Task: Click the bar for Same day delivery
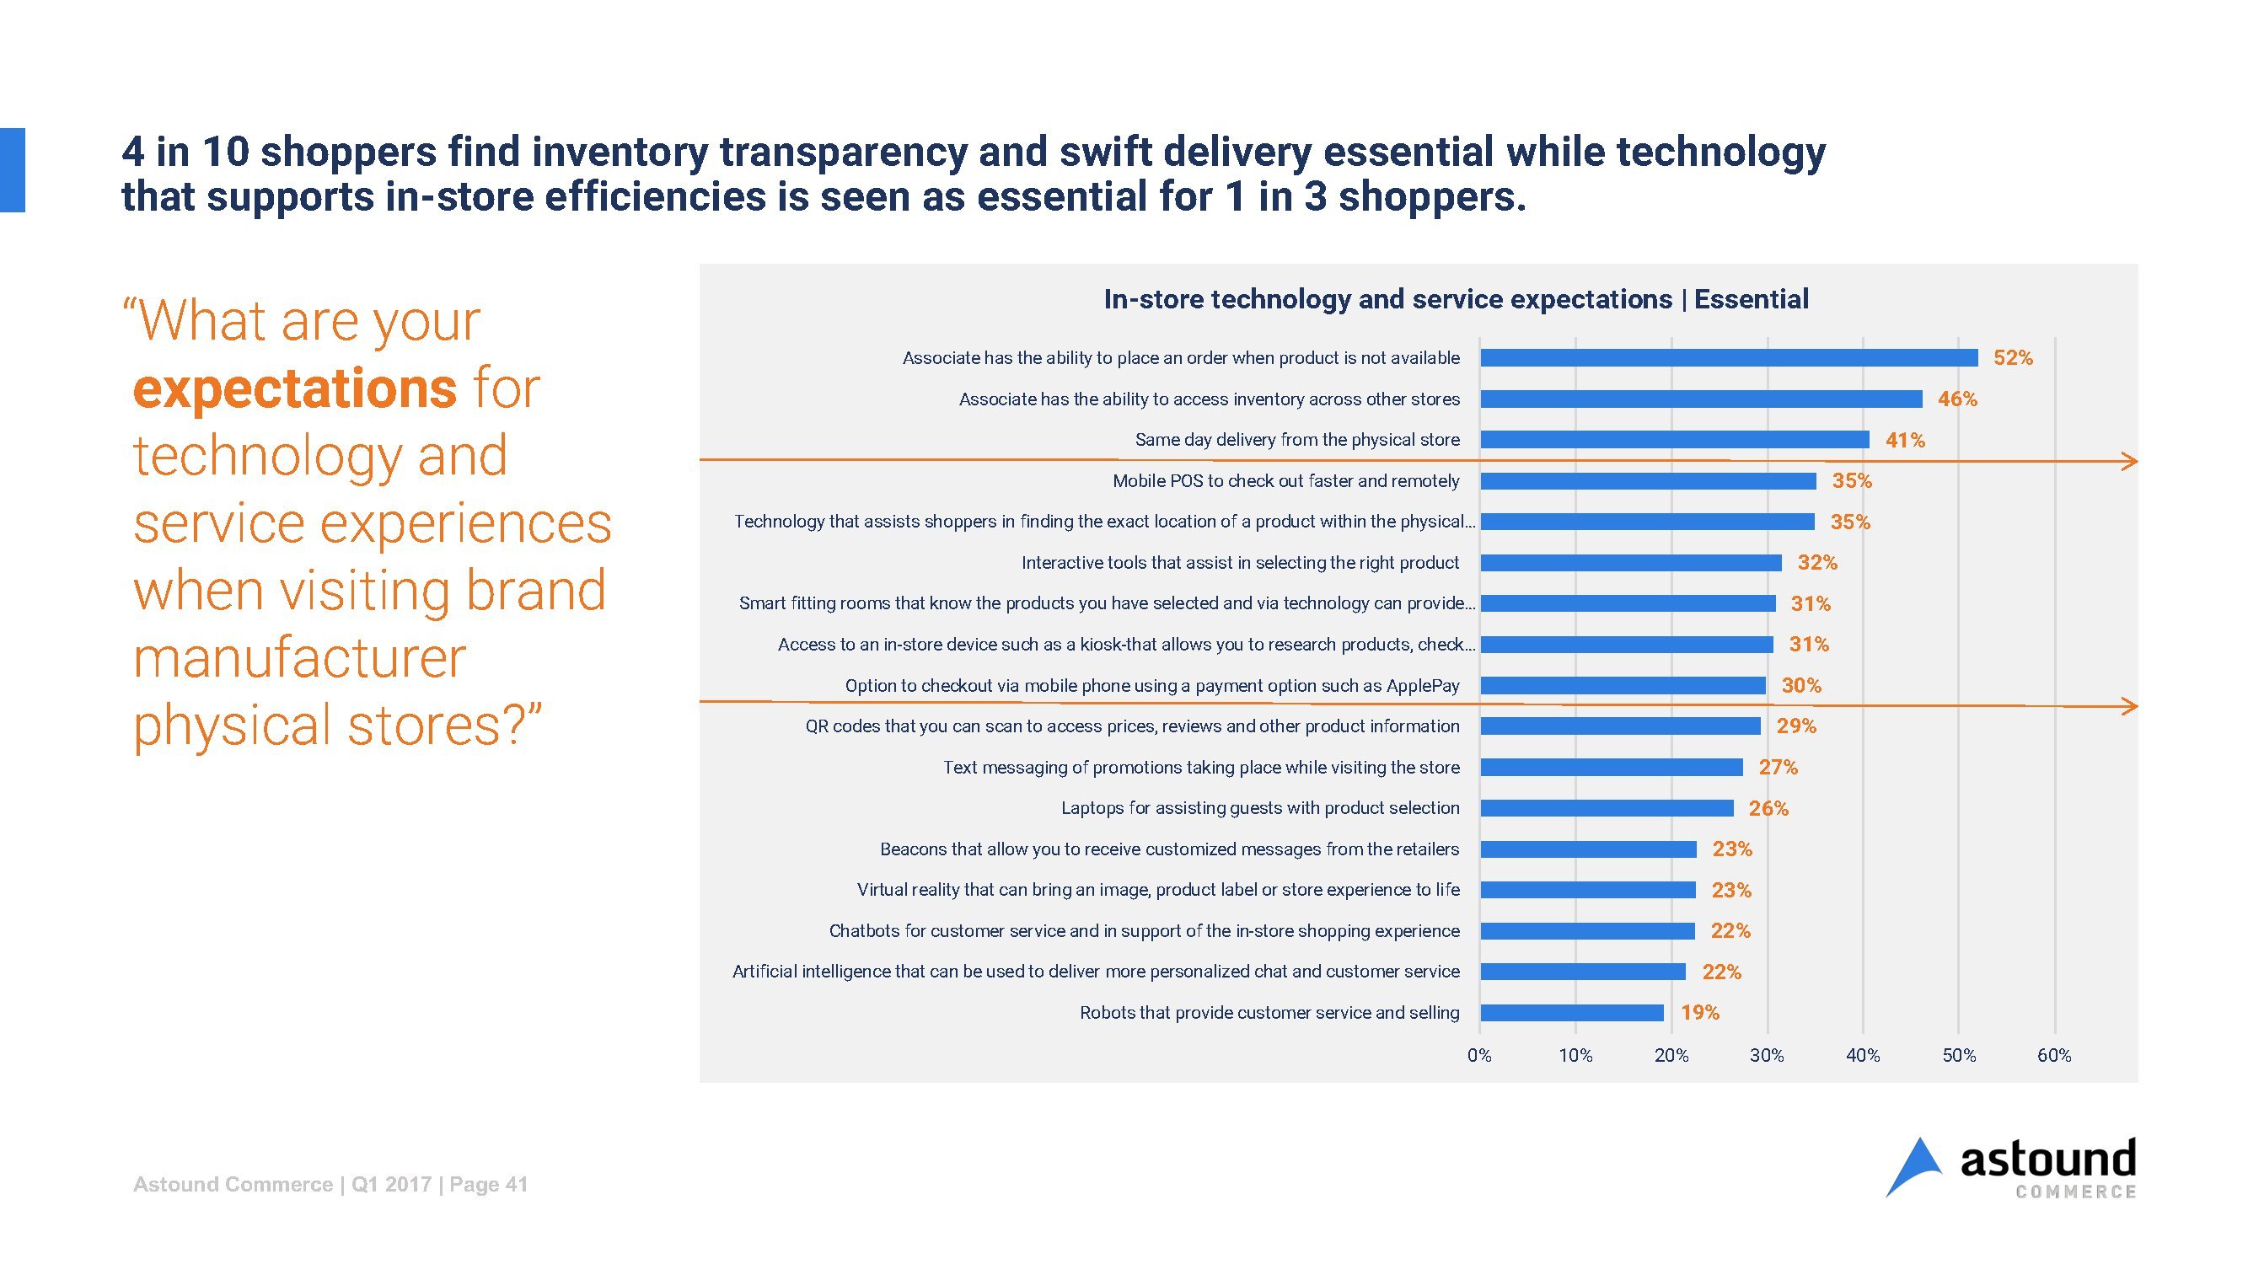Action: point(1674,440)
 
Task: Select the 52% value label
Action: point(2012,357)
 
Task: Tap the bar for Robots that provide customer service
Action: point(1572,1013)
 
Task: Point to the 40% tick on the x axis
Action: point(1862,1056)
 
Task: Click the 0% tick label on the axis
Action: point(1479,1056)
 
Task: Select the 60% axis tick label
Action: point(2053,1056)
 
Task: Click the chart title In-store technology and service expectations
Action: point(1456,299)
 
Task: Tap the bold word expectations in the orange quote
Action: point(294,388)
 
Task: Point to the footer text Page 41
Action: point(489,1185)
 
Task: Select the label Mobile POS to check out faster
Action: point(1285,480)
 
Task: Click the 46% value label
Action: point(1957,399)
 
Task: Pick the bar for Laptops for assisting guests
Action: point(1607,809)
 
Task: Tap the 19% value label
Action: point(1700,1013)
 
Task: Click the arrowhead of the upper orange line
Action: point(2130,461)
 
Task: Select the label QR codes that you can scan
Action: point(1132,726)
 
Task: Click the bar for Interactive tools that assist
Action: point(1630,563)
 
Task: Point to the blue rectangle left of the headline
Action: point(12,170)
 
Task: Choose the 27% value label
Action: point(1778,767)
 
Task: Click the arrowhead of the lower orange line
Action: point(2130,704)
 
